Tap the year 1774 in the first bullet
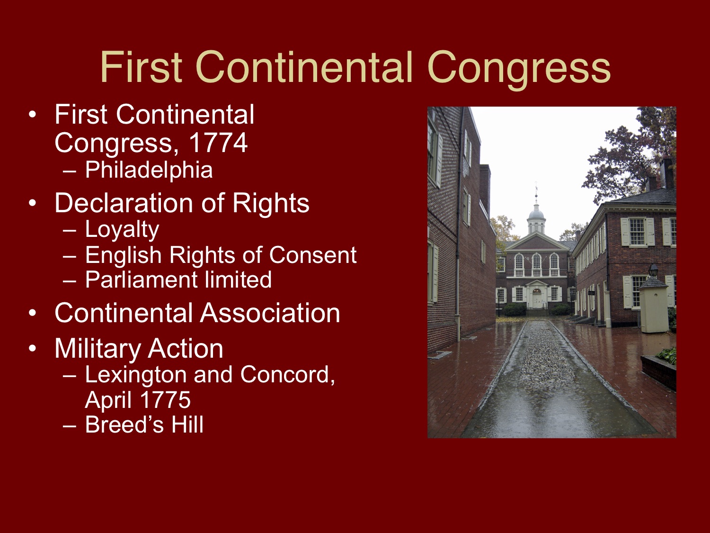point(218,143)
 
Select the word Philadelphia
point(149,170)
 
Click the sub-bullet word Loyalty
point(122,230)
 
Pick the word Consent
point(312,255)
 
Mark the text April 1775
point(138,400)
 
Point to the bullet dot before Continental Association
point(32,314)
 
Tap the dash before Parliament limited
point(69,280)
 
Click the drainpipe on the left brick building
point(458,237)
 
